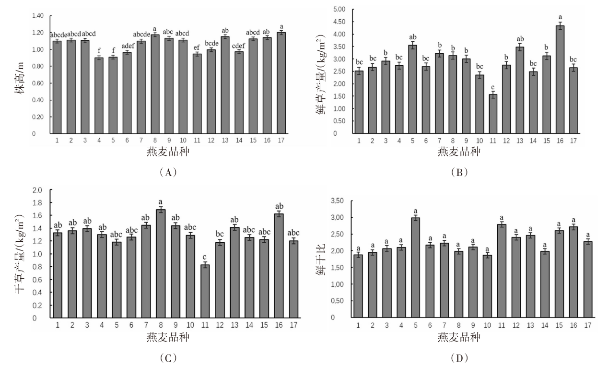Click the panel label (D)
[x=459, y=357]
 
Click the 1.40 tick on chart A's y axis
[x=37, y=16]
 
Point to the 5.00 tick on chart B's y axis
[x=339, y=9]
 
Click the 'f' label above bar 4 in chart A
[x=98, y=50]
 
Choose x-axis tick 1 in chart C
[x=58, y=326]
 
